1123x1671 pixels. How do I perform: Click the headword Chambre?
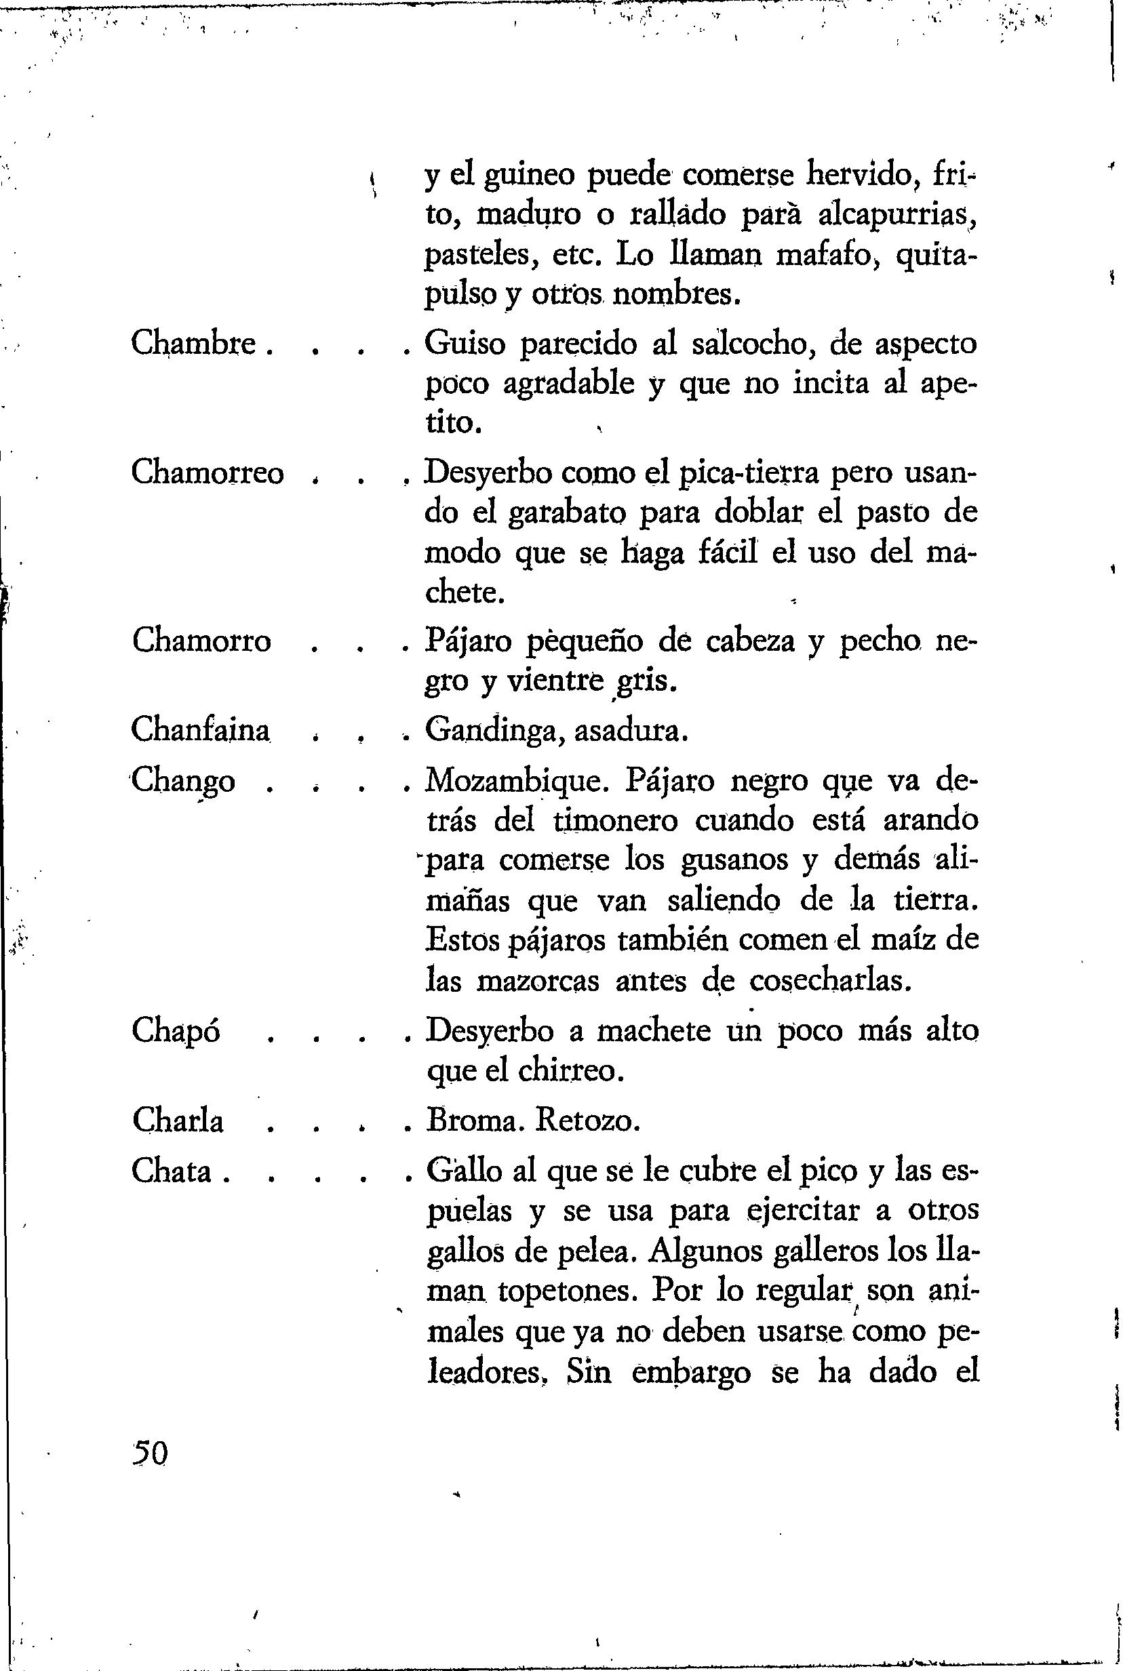(193, 344)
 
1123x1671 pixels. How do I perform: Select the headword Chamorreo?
(208, 472)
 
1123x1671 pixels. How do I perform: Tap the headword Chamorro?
(201, 640)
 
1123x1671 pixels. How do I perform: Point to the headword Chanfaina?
(201, 729)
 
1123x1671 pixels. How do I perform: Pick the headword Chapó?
(176, 1030)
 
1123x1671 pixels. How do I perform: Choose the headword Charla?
(178, 1121)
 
